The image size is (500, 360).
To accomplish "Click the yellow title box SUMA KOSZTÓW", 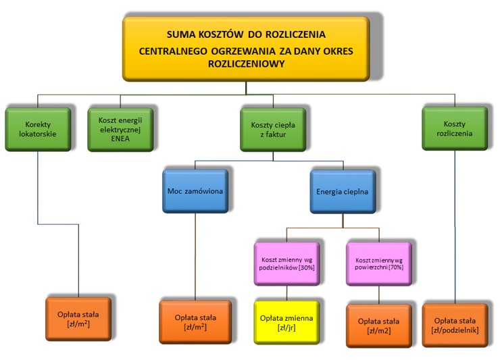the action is click(246, 49).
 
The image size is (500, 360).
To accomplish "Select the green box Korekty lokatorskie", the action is click(38, 129).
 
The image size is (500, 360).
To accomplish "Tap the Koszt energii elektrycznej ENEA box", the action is click(120, 129).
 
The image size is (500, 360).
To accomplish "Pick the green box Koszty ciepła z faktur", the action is click(273, 129).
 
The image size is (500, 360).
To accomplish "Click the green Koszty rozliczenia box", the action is click(455, 128).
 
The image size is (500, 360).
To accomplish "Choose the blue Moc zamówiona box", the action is click(195, 191).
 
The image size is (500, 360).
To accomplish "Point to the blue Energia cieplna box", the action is click(343, 191).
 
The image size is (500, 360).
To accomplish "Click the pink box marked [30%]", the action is click(286, 263).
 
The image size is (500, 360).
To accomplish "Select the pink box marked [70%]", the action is click(379, 263).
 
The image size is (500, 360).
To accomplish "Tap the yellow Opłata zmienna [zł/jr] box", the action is click(286, 323).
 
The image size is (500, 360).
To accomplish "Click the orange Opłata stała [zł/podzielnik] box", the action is click(455, 326).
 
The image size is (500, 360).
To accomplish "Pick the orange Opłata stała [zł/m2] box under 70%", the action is click(379, 326).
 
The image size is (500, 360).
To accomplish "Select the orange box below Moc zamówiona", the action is click(195, 322).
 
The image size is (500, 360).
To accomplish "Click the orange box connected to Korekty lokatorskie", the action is click(78, 319).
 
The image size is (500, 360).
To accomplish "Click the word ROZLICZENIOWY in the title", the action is click(246, 63).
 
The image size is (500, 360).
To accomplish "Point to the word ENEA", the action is click(120, 138).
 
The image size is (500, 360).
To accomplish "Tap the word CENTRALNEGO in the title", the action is click(173, 51).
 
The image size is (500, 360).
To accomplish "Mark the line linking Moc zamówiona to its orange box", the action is click(195, 257).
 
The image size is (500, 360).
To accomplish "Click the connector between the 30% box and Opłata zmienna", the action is click(286, 293).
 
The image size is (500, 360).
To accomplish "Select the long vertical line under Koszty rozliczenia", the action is click(455, 227).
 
